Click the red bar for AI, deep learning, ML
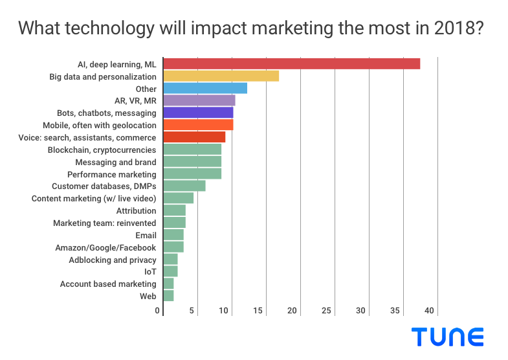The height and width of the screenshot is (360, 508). pos(291,63)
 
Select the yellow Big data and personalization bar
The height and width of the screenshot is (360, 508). pos(221,76)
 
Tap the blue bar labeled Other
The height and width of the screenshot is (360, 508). pos(204,88)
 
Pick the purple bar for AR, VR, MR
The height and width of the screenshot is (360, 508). pos(199,100)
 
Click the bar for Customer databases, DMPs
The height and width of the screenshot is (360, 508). pos(184,186)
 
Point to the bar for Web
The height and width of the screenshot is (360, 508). pos(168,296)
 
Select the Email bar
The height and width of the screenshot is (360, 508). pos(173,234)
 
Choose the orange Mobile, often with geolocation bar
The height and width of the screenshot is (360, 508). pos(198,125)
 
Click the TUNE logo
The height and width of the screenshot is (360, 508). pos(447,337)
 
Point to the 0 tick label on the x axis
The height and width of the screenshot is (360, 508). pos(158,311)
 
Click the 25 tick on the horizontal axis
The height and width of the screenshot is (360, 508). pos(327,311)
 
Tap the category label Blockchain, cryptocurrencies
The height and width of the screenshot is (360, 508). pos(102,150)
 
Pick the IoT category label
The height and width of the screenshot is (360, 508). pos(150,271)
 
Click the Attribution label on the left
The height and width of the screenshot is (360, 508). pos(136,210)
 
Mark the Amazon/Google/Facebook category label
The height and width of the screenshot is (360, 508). pos(105,247)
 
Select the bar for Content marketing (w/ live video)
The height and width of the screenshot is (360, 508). pos(178,198)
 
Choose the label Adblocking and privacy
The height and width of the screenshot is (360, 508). pos(113,260)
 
